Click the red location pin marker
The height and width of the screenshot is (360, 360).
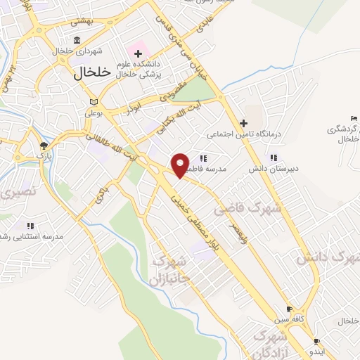181,165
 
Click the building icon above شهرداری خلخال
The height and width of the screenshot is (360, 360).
77,39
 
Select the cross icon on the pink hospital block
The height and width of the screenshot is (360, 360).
138,54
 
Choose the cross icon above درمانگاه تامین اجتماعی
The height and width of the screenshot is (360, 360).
243,122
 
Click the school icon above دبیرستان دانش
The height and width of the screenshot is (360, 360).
273,158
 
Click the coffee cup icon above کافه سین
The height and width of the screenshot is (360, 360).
288,309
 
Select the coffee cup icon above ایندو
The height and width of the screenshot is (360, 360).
316,342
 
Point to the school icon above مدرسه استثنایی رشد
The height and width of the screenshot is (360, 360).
30,226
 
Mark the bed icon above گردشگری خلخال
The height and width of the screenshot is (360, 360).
353,117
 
